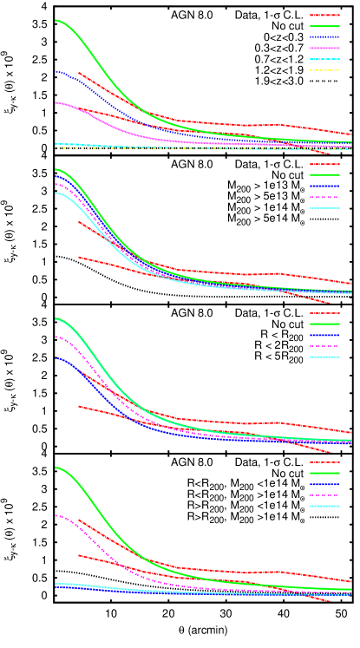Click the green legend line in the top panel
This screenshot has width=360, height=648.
click(324, 26)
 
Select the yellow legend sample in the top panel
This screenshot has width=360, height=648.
click(324, 69)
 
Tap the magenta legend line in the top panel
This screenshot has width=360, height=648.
click(324, 48)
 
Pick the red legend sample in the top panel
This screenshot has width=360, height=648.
click(324, 15)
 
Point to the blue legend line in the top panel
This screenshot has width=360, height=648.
click(324, 37)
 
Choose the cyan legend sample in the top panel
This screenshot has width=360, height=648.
click(324, 59)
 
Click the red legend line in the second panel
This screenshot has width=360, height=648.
click(324, 165)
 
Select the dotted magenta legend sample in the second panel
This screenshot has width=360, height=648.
click(324, 198)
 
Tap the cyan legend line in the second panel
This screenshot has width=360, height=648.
click(324, 208)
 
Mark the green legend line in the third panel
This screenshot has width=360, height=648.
click(324, 324)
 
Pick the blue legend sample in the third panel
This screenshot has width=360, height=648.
click(324, 335)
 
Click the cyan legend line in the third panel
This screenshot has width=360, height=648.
click(324, 357)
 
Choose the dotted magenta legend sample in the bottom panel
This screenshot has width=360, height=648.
click(324, 495)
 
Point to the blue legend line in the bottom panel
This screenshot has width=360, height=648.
click(324, 484)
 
